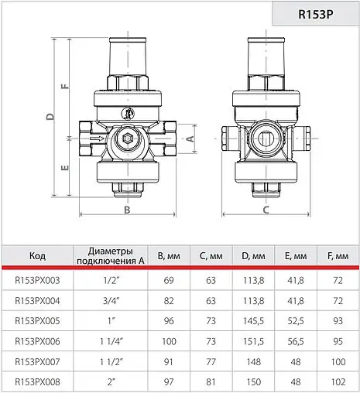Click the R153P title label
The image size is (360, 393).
pos(314,14)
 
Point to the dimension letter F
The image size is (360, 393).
pos(65,86)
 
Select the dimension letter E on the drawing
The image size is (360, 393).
pos(65,166)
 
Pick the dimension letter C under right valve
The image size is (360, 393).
pos(265,209)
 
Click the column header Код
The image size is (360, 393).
pos(37,256)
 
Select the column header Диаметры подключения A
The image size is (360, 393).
pos(111,256)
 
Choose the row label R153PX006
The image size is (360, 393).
pos(37,340)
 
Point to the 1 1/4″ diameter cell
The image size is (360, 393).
pos(111,340)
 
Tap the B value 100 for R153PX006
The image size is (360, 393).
pos(170,340)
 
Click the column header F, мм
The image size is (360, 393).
pos(337,256)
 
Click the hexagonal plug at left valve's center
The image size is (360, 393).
pos(126,142)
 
